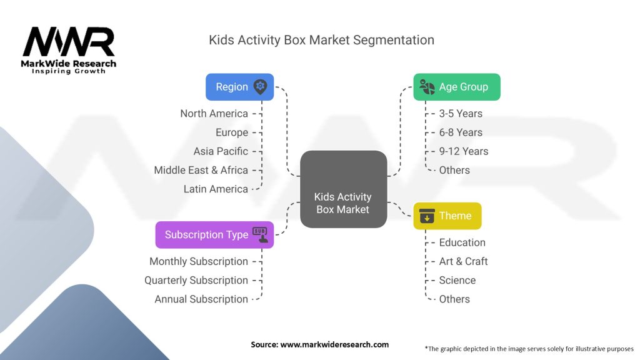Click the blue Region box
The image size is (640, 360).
(x=239, y=87)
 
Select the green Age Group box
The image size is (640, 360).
(x=457, y=87)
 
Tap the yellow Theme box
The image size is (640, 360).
(x=447, y=216)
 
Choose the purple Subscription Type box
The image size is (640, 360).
(x=215, y=235)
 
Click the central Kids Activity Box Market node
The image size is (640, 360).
(x=343, y=189)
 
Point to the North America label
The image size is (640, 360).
(x=214, y=114)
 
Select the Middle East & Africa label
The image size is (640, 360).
(x=201, y=170)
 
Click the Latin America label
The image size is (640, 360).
(x=216, y=189)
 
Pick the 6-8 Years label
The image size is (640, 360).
(x=461, y=132)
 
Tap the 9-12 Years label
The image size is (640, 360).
(x=464, y=151)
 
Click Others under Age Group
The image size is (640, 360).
(x=454, y=170)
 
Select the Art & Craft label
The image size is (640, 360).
(x=463, y=261)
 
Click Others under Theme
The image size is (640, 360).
(x=454, y=299)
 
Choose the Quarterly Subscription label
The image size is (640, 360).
(x=196, y=281)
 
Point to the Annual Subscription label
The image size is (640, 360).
(x=201, y=299)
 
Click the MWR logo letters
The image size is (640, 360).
(x=69, y=42)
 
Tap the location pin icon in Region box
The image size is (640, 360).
(x=260, y=87)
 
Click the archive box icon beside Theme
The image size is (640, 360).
(x=427, y=216)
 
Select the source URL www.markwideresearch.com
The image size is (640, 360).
(x=334, y=344)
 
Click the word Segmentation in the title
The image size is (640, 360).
(x=394, y=41)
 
